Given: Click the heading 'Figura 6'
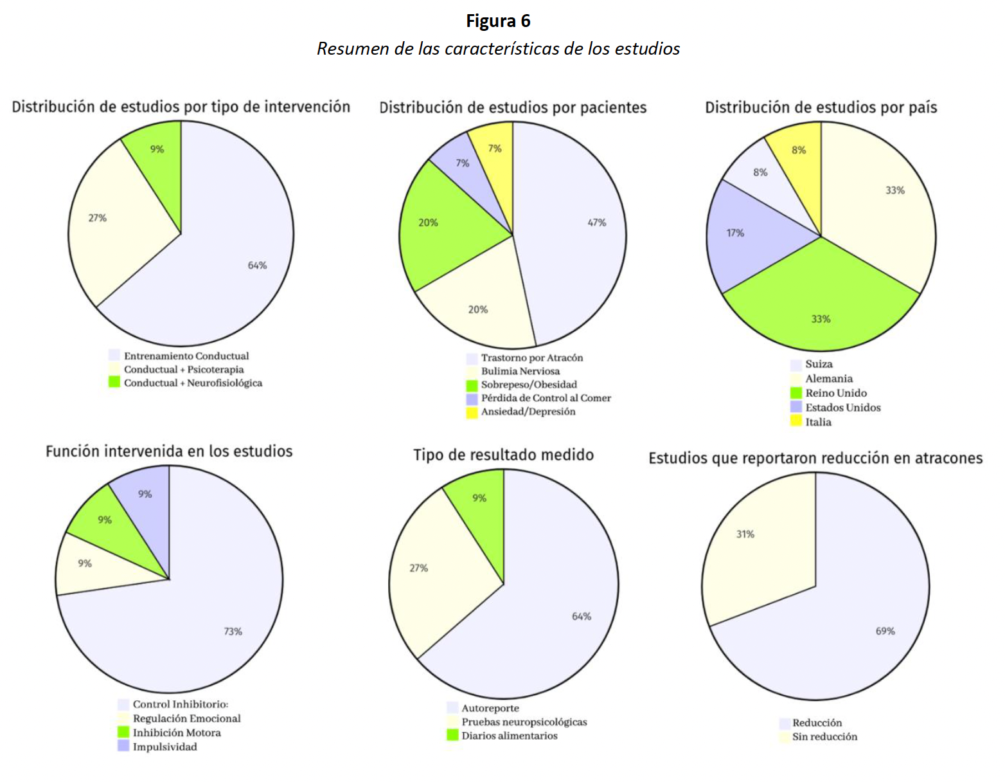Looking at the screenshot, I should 498,21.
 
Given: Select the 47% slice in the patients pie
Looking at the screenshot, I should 578,238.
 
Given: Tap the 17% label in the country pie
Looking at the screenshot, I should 735,233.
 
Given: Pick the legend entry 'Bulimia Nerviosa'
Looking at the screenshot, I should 520,371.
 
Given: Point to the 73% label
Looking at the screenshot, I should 233,632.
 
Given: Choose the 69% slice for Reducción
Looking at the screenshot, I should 861,617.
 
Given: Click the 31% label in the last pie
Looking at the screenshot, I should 745,534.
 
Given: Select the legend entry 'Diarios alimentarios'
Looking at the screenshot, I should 509,736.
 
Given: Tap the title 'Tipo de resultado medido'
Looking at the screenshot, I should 503,455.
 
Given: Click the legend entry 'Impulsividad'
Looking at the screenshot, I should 165,747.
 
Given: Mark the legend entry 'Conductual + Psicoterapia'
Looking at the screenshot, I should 184,369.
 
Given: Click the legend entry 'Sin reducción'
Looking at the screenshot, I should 824,736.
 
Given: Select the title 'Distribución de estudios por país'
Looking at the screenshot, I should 821,107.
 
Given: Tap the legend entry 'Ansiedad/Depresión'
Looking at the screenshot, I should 528,412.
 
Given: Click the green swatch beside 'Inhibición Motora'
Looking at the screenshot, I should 123,732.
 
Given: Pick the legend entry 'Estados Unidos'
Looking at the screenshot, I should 842,407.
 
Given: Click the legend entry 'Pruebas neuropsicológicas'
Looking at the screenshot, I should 524,722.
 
